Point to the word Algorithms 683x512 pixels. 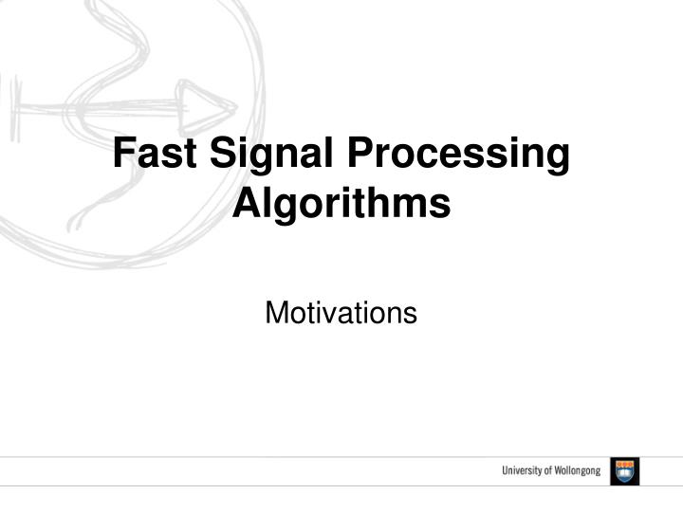(x=341, y=203)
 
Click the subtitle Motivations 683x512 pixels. (x=341, y=312)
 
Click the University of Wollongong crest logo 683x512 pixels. (x=625, y=471)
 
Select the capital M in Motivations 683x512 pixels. (x=276, y=312)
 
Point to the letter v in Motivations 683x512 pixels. (x=335, y=314)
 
